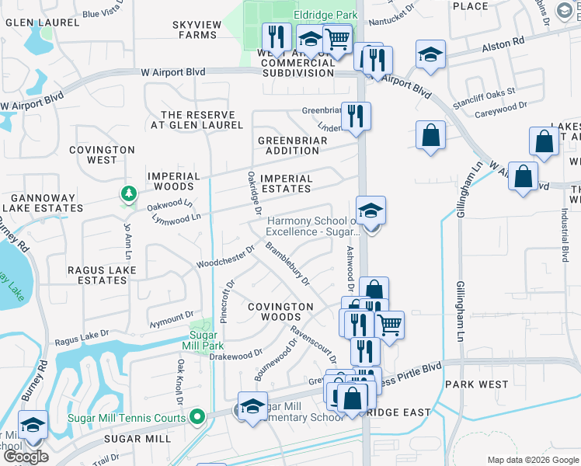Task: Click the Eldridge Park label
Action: coord(325,14)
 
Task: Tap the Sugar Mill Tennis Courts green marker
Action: coord(198,418)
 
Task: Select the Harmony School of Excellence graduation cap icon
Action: coord(371,210)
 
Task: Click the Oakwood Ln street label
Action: coord(170,205)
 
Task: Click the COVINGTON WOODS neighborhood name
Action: coord(280,312)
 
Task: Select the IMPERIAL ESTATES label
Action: coord(287,183)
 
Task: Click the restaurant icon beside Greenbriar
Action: coord(357,116)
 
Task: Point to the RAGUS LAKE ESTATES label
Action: coord(103,275)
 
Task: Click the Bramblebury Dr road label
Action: coord(287,263)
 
